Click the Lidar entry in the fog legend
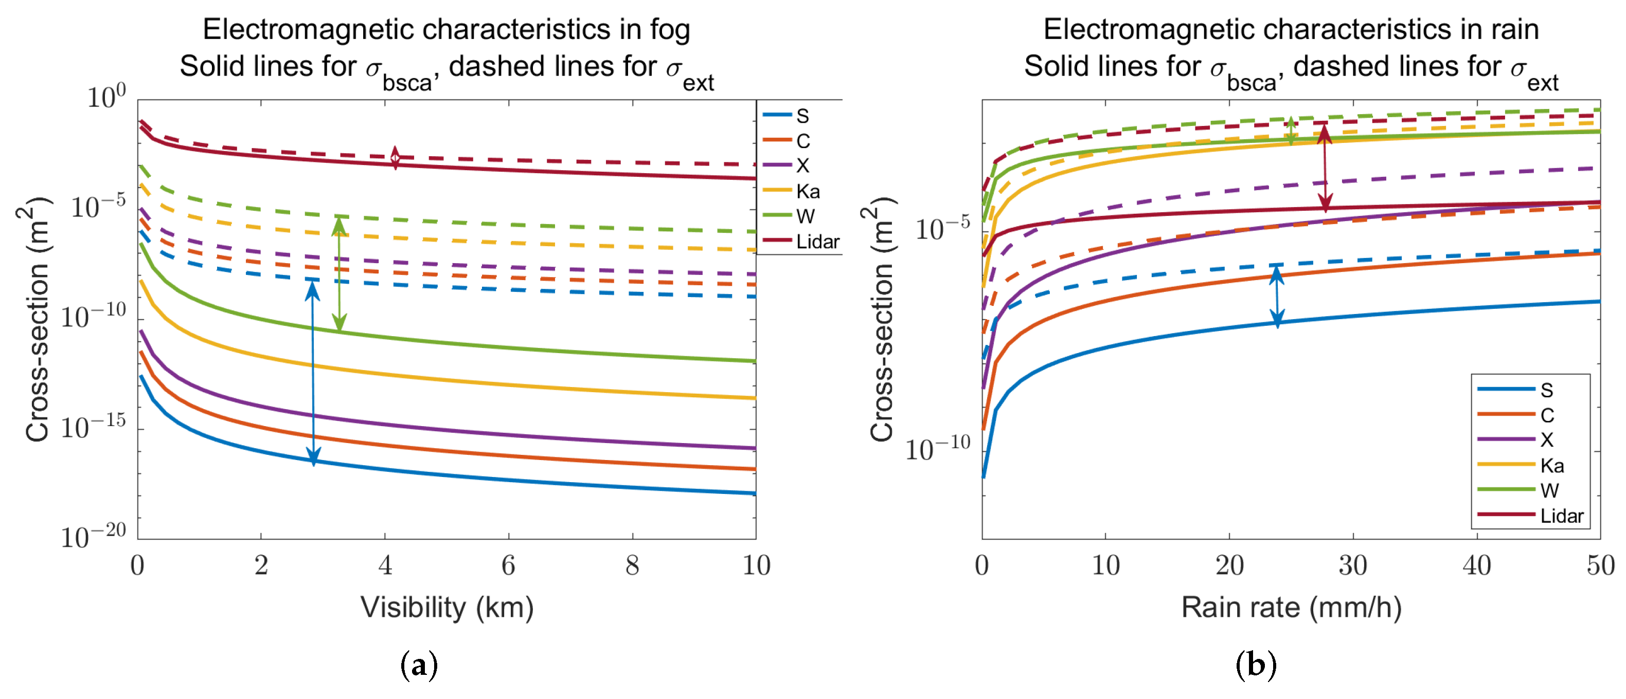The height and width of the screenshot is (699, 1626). point(817,242)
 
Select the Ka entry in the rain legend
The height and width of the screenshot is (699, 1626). point(1551,466)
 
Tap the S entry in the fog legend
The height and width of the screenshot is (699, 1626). point(802,116)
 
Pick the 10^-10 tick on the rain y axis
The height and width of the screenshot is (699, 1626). point(937,449)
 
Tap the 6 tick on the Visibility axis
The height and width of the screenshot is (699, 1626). point(508,565)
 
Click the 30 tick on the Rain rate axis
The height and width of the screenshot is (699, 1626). point(1353,565)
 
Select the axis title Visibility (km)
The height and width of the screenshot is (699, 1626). point(447,608)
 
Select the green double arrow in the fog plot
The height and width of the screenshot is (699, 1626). point(339,274)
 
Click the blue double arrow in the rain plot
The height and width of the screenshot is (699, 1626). point(1277,297)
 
